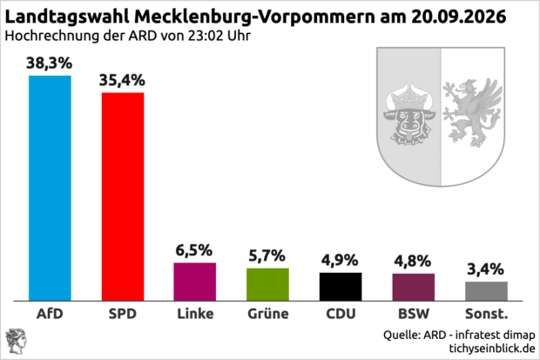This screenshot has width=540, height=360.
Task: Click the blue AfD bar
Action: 50,188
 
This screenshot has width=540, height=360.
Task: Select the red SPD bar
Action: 123,197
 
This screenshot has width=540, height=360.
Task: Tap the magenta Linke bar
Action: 195,282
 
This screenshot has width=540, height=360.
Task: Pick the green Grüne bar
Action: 268,284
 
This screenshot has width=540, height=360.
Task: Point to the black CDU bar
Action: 341,287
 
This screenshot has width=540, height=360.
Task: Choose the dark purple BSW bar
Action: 414,288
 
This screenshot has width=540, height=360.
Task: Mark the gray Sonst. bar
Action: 486,291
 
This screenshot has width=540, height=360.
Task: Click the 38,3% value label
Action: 50,64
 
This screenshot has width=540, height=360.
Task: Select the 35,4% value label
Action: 122,80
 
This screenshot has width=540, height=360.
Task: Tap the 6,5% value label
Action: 194,251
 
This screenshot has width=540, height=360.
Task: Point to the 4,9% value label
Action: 340,261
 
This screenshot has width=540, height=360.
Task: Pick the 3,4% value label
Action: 486,269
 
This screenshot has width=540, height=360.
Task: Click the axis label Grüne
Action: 268,314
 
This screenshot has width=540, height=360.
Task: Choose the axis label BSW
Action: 414,314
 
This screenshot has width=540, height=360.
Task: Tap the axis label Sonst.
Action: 486,314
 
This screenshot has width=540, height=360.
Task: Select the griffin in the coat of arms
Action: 472,112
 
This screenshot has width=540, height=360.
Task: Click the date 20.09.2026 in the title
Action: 458,17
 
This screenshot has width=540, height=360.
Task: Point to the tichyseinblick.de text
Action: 492,349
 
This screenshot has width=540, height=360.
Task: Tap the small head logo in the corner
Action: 16,342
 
